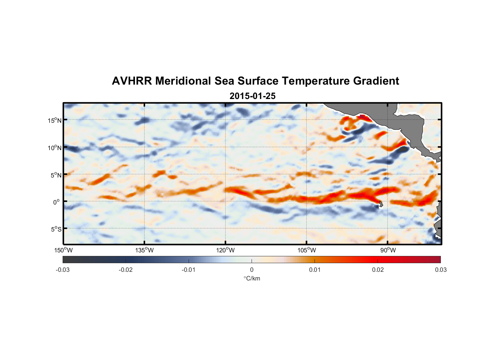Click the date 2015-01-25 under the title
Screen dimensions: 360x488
252,96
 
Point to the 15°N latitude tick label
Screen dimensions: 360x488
55,120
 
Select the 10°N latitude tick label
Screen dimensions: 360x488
55,148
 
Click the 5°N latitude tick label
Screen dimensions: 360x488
56,175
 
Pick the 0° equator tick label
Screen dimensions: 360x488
57,202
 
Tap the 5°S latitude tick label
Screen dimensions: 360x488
56,229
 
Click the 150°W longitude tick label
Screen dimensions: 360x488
63,250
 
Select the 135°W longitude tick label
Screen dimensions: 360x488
144,250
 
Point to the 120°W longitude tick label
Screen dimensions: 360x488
225,250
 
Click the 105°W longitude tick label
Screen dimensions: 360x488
307,250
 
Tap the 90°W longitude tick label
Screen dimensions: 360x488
388,250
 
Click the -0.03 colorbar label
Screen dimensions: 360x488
63,270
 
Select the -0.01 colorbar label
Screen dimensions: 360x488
189,270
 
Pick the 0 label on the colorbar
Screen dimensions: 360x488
252,270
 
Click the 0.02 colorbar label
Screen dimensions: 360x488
378,270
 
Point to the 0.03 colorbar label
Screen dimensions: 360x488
440,270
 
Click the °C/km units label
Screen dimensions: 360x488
252,278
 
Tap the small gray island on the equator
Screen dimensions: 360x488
381,204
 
